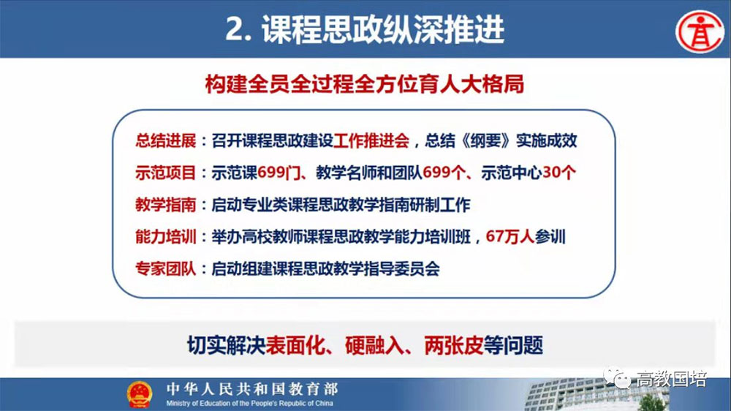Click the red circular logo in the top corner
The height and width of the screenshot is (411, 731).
(x=700, y=31)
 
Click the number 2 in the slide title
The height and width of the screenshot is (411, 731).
(x=234, y=29)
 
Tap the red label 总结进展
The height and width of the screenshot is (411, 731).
(x=165, y=140)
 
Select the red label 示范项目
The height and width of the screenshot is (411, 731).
(x=165, y=173)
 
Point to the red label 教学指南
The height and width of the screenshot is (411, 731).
(x=165, y=205)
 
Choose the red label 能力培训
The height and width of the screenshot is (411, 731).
(x=165, y=236)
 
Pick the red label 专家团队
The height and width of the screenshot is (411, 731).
(x=165, y=268)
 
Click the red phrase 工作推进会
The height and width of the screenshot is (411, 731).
(x=371, y=140)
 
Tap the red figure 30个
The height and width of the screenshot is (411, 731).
(x=559, y=173)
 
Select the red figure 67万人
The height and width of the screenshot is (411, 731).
(x=510, y=236)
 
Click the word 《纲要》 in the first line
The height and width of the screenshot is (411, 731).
(x=485, y=140)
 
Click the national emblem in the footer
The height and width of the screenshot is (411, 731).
(x=140, y=395)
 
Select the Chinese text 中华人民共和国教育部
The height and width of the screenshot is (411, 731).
(x=252, y=389)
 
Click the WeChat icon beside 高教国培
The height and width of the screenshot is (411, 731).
(x=617, y=378)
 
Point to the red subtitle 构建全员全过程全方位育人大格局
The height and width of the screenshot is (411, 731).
(x=365, y=84)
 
